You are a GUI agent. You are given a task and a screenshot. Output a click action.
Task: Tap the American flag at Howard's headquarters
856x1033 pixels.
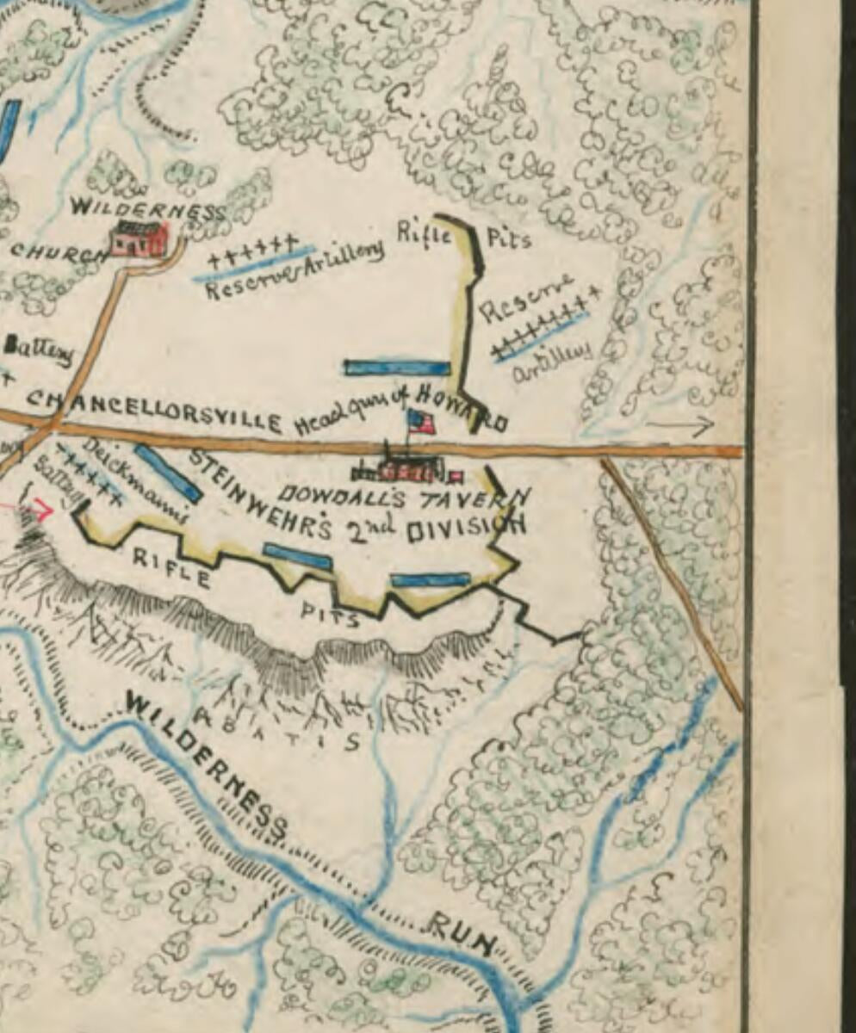point(420,422)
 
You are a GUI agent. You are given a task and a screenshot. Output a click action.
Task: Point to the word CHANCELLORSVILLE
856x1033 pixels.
point(155,411)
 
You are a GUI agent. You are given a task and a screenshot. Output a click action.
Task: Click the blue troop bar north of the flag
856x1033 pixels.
point(397,368)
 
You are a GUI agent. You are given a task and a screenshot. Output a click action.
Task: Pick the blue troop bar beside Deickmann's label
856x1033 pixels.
point(169,473)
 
